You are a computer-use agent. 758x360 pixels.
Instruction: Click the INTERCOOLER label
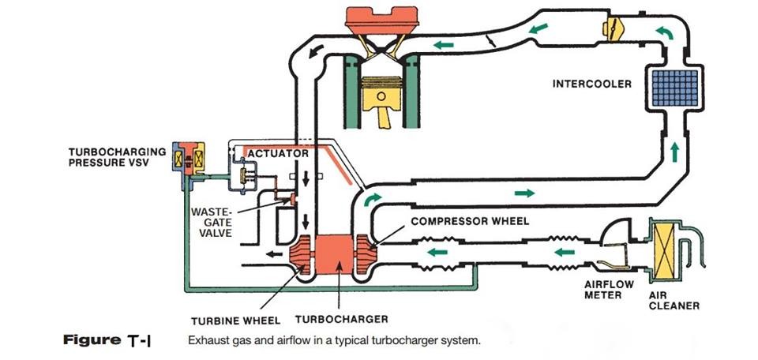(x=591, y=84)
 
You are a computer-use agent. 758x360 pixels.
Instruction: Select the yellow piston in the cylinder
(x=377, y=103)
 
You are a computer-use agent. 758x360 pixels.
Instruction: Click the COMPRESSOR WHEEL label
(x=469, y=222)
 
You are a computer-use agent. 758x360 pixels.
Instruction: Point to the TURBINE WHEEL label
(x=235, y=321)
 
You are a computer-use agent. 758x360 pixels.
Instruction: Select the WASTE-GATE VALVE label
(x=211, y=223)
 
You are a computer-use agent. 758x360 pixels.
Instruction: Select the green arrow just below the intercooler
(x=675, y=150)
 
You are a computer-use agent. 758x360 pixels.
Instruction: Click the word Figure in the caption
(x=89, y=341)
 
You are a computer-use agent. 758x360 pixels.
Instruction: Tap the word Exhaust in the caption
(x=208, y=342)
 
